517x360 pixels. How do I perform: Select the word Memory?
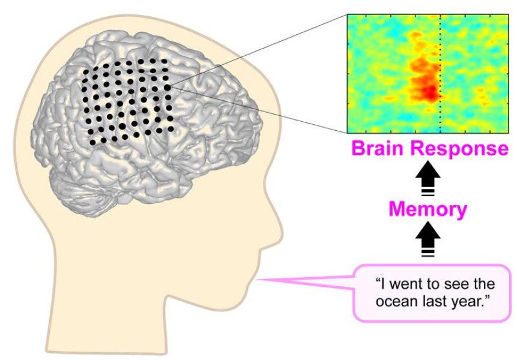(x=428, y=209)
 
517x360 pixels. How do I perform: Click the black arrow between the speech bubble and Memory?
(x=428, y=240)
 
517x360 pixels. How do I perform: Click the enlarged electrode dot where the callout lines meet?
(x=167, y=88)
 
